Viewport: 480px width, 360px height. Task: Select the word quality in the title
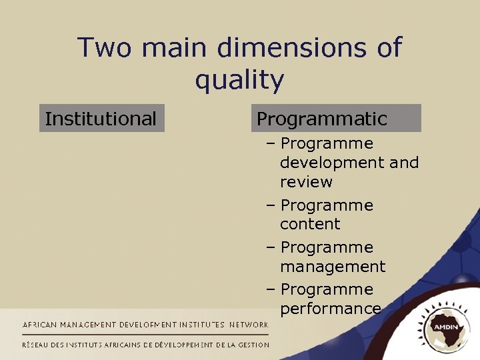tap(239, 81)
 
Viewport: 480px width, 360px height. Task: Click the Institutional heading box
tap(101, 119)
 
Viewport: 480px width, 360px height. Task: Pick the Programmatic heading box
tap(339, 119)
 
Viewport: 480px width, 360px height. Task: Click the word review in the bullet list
tap(306, 182)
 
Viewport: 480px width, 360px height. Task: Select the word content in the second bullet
tap(310, 224)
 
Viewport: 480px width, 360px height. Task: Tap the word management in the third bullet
tap(333, 267)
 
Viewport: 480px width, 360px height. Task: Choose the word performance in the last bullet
tap(330, 309)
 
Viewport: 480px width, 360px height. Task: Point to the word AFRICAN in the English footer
tap(41, 325)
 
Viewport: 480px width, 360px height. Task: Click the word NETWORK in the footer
tap(249, 325)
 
